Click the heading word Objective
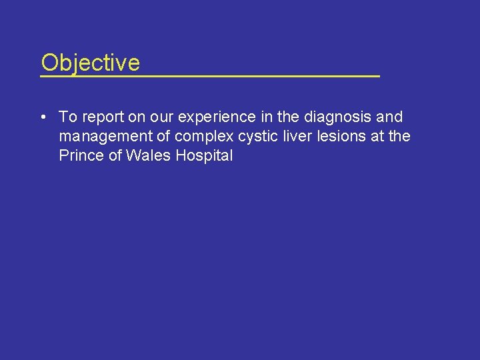(90, 63)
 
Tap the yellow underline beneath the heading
(209, 77)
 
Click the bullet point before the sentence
(42, 117)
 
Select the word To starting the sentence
(68, 117)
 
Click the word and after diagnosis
(390, 117)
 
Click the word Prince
(78, 156)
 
